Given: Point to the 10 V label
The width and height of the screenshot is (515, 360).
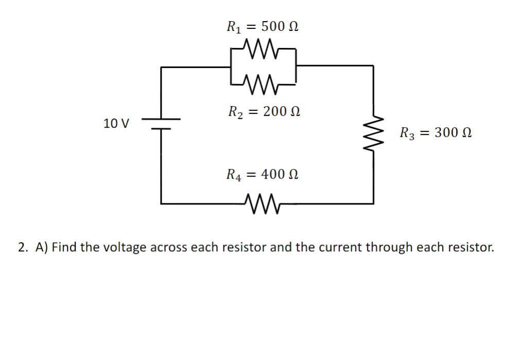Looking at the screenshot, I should (x=116, y=124).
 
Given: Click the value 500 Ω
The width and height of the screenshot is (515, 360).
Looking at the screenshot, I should (x=280, y=26).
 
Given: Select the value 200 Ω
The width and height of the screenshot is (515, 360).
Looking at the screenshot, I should (x=281, y=111).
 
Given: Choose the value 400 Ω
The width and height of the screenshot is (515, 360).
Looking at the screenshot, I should (x=280, y=175).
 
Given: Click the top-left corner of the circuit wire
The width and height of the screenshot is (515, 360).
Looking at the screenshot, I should (x=162, y=66).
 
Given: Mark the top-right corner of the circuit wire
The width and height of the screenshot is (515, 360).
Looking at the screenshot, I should (x=373, y=66).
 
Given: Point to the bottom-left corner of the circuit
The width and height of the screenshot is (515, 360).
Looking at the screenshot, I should (x=162, y=203).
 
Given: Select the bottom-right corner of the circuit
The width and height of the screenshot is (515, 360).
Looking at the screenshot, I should (x=373, y=203).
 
